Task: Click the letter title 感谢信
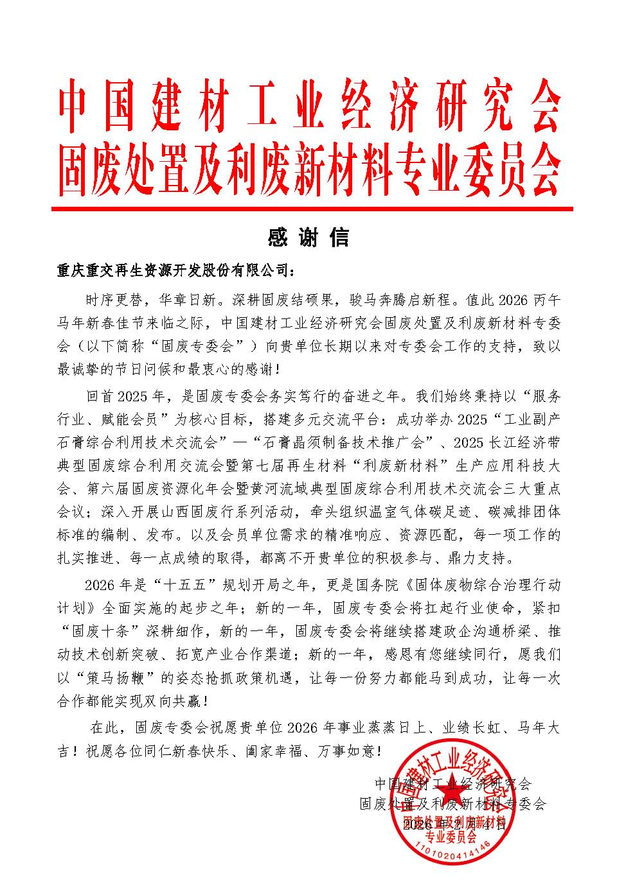pos(308,238)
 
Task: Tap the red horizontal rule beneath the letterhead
pos(312,209)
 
